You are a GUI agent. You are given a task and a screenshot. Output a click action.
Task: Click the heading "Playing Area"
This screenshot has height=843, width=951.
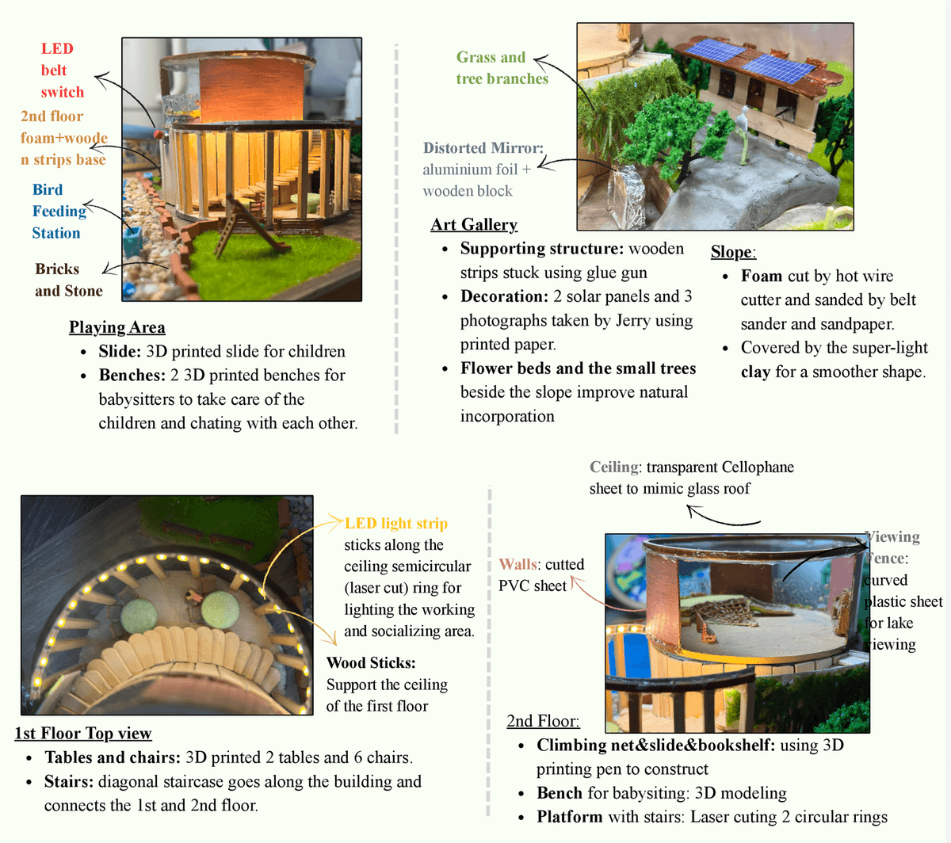(x=116, y=327)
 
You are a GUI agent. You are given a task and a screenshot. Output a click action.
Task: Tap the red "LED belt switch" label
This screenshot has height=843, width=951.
(x=63, y=70)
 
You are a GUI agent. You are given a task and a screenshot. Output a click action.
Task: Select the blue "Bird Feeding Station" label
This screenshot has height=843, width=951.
(x=59, y=212)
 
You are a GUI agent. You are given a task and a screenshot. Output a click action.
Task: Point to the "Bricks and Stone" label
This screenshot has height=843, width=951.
(x=68, y=280)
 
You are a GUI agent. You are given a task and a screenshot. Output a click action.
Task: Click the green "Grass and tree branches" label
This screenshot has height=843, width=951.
(x=502, y=67)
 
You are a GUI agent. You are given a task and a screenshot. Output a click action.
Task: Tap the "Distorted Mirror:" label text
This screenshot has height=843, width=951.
(x=483, y=148)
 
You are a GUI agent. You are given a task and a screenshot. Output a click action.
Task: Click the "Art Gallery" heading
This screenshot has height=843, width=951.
(x=474, y=224)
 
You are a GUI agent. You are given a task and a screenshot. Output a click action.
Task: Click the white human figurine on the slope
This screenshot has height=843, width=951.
(x=742, y=135)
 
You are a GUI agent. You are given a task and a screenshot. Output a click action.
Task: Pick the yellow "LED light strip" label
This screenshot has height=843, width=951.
(x=395, y=523)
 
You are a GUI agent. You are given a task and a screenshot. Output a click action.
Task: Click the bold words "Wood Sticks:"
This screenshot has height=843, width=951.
(x=371, y=663)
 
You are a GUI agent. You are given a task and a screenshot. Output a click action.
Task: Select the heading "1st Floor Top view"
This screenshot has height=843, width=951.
(x=83, y=733)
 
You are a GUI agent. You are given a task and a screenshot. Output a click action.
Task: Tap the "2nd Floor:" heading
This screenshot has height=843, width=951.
(x=543, y=720)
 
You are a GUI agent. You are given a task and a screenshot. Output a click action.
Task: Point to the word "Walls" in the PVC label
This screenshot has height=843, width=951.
(x=517, y=564)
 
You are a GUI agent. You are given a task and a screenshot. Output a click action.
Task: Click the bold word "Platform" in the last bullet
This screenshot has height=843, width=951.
(x=569, y=817)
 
